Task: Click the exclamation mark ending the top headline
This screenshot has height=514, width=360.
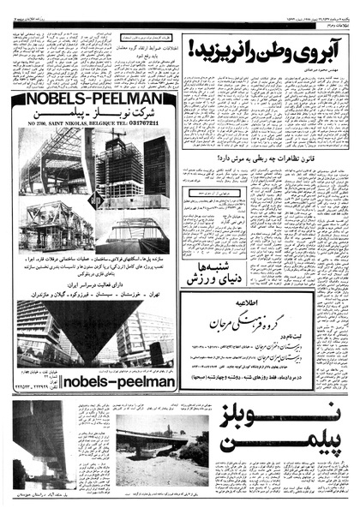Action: (195, 49)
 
